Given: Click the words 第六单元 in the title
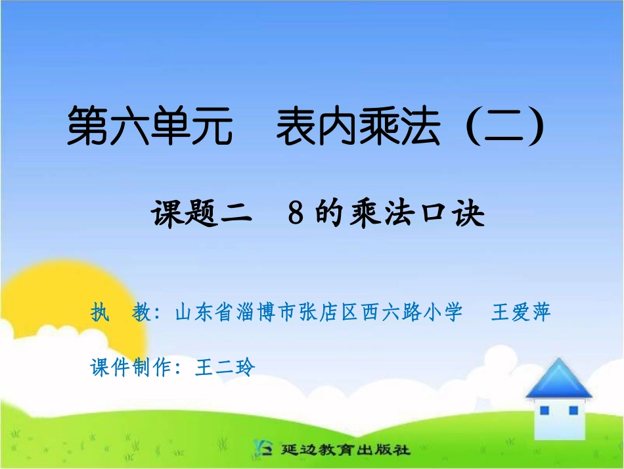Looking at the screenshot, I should (x=150, y=127).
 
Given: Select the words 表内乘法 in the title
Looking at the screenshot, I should (x=357, y=127).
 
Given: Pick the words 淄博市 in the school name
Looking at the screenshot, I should (x=269, y=312).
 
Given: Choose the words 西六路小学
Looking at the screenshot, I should (x=411, y=312).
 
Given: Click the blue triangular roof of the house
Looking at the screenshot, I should (x=558, y=380).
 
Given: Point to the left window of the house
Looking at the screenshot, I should (x=544, y=410).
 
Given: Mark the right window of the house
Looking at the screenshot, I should (x=573, y=410).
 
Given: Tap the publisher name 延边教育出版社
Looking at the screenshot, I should (x=344, y=450).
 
